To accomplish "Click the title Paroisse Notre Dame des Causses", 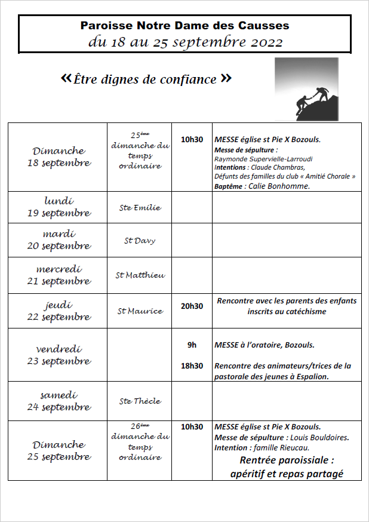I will click(184, 26).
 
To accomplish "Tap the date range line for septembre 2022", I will click(184, 42).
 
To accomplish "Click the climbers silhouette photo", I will click(306, 89).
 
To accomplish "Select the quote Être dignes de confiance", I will click(146, 79).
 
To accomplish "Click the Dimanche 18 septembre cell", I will click(59, 156).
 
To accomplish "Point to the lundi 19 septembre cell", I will click(59, 207).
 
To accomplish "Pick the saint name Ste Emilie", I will click(140, 208).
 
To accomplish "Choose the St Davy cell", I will click(140, 240).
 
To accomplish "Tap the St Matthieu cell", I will click(140, 275).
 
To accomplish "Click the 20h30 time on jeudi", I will click(192, 306).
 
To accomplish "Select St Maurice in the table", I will click(140, 311).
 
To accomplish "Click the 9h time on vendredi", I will click(192, 345).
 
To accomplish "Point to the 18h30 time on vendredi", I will click(192, 366).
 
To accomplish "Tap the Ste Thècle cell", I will click(140, 401).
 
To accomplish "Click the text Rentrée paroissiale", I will click(286, 460).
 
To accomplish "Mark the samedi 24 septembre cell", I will click(59, 401).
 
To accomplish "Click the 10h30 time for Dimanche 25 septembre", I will click(192, 427).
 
